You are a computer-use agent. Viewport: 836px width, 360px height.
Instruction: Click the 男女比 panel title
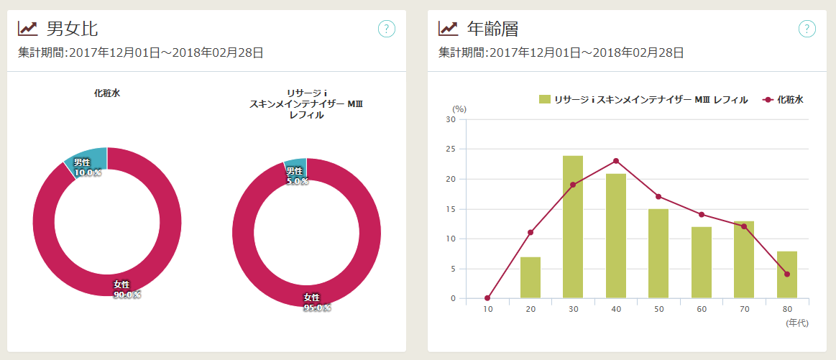[x=72, y=29]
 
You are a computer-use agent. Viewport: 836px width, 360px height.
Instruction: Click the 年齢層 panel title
[x=492, y=29]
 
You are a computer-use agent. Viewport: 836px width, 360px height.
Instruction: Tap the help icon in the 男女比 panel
[x=387, y=29]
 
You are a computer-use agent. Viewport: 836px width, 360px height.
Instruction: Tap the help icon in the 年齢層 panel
[x=807, y=29]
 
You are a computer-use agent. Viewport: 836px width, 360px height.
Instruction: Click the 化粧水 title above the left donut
[x=106, y=93]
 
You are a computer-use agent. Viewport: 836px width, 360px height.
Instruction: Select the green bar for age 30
[x=573, y=226]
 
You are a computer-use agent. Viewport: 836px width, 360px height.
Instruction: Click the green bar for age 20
[x=530, y=277]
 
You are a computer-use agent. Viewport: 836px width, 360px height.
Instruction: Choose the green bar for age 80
[x=787, y=274]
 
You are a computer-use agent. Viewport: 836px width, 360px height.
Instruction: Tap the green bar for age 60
[x=702, y=262]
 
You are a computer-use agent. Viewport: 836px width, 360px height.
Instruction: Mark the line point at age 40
[x=616, y=161]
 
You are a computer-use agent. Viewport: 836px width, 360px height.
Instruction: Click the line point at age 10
[x=487, y=298]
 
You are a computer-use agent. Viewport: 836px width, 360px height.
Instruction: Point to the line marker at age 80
[x=787, y=274]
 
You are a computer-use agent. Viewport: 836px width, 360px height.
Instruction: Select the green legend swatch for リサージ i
[x=545, y=100]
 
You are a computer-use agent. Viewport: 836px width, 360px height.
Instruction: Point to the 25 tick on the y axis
[x=452, y=149]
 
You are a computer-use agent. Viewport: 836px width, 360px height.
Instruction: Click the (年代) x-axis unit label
[x=797, y=323]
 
